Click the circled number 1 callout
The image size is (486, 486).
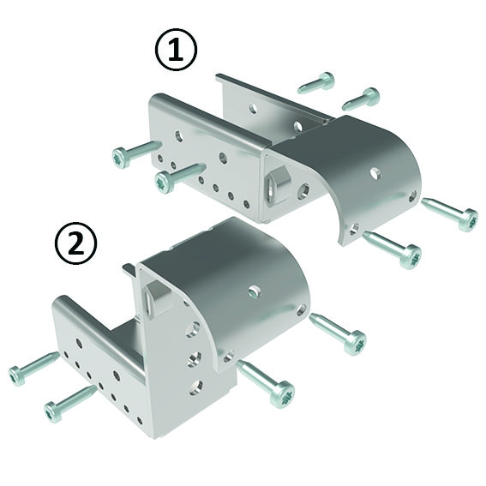176,52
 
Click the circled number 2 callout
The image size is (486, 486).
75,244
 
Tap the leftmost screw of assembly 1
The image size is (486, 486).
134,154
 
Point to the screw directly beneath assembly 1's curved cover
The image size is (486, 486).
392,247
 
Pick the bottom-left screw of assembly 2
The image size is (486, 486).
69,404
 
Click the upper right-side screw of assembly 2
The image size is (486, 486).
339,333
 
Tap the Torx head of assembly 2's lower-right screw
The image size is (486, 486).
282,396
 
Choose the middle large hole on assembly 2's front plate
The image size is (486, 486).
195,357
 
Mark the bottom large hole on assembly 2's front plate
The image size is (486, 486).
195,387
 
